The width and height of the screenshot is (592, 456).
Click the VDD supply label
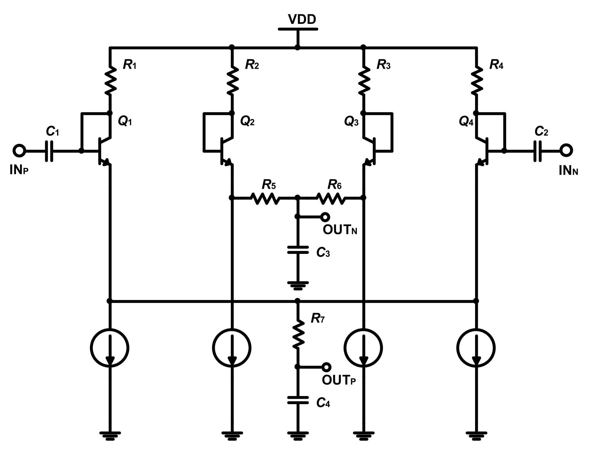(302, 19)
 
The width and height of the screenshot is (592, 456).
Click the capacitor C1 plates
(49, 151)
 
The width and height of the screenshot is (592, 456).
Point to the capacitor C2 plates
(537, 151)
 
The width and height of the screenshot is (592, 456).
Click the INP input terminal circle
(19, 151)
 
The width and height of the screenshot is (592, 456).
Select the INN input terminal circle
(566, 151)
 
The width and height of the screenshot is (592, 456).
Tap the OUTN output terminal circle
(325, 217)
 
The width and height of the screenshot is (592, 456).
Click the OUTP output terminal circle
(326, 367)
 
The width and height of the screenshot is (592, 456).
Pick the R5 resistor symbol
(265, 198)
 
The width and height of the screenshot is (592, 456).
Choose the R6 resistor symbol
(330, 198)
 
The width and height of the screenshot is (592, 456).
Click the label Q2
(247, 121)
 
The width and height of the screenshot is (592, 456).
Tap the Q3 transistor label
(351, 121)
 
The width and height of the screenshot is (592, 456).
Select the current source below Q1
(109, 348)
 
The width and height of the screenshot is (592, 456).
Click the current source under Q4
(476, 348)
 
